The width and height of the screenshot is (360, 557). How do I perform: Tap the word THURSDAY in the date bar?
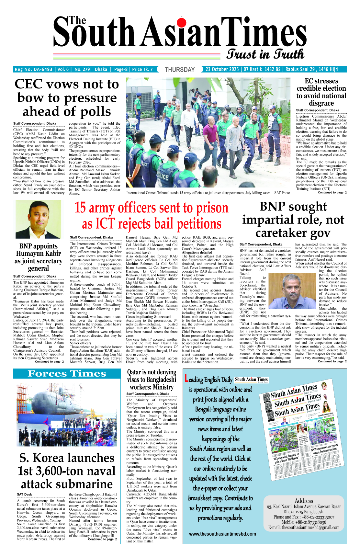point(180,70)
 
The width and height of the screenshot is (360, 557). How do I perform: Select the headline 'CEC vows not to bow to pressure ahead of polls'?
point(67,98)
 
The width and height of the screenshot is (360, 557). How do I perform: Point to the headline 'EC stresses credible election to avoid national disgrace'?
point(321,92)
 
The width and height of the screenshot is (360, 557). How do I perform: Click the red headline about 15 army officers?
point(152,216)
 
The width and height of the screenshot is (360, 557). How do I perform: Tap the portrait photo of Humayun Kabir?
point(38,219)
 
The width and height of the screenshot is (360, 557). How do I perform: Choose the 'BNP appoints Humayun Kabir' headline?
point(39,257)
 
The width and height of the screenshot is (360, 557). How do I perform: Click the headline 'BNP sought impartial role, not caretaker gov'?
point(293,220)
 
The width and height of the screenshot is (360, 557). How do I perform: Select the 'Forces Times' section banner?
point(67,374)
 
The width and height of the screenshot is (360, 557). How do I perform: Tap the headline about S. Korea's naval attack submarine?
point(67,471)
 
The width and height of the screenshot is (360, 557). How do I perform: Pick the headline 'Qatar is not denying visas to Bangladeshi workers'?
point(152,380)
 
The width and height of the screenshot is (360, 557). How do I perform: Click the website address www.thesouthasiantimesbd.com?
point(222,534)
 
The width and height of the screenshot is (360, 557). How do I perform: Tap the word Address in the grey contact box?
point(304,501)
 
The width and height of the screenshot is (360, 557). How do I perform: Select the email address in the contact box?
point(304,528)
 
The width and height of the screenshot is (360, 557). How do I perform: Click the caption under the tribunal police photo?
point(208,193)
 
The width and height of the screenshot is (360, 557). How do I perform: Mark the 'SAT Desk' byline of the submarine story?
point(25,494)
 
